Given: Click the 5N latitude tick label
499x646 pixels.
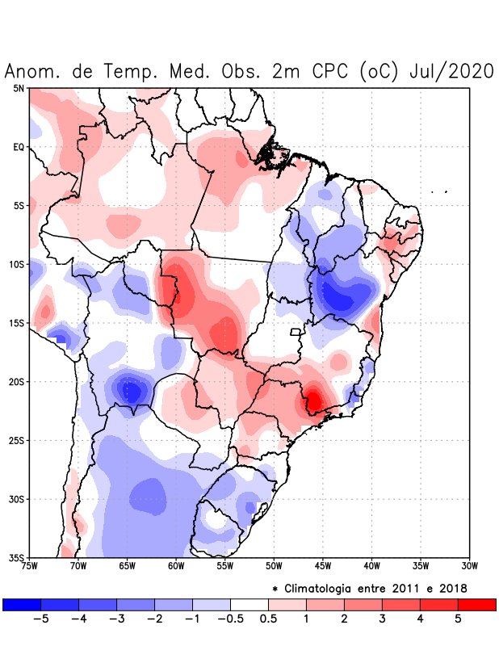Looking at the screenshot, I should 19,88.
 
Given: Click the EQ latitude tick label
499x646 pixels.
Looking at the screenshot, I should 19,147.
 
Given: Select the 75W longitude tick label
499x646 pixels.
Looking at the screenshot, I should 30,566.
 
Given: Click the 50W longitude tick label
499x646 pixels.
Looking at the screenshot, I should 274,566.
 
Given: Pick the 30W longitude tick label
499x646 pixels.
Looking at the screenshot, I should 469,566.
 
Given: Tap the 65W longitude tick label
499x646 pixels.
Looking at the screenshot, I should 128,566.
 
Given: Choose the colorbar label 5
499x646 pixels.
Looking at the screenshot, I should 458,619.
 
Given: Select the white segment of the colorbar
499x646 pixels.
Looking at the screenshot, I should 249,604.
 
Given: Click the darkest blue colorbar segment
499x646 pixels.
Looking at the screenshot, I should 22,604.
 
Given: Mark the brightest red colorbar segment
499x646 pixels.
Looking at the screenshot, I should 476,604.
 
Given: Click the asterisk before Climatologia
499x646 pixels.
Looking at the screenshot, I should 275,588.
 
